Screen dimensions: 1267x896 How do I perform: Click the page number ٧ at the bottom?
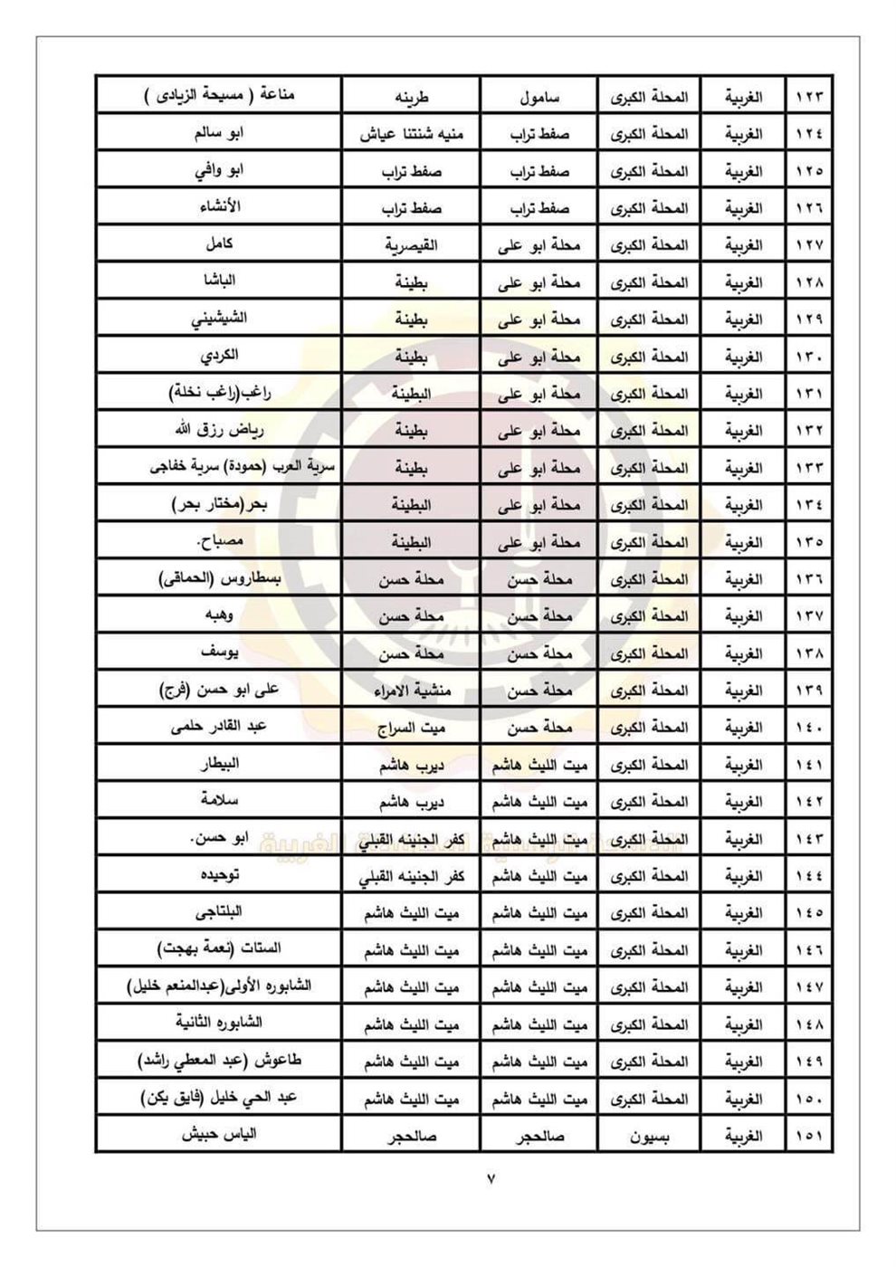pos(492,1179)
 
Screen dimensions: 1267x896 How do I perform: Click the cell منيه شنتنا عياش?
pos(412,134)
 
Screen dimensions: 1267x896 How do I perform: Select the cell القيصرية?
pos(412,245)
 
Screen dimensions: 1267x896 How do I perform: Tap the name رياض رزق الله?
pos(219,430)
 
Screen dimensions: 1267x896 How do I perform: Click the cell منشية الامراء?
pos(412,691)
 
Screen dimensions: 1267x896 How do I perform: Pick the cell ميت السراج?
pos(412,728)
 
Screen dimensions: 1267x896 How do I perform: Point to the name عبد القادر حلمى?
pos(219,726)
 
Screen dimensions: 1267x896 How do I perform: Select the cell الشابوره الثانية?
pos(219,1023)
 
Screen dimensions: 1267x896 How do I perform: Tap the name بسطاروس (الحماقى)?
pos(219,578)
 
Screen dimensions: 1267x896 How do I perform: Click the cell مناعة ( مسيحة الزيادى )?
pos(219,96)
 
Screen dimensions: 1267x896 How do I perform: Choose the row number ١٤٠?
pos(809,728)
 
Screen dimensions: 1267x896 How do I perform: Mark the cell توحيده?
pos(219,875)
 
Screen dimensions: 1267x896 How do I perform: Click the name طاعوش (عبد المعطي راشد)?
pos(219,1061)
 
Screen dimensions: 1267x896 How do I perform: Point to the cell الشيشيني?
pos(219,319)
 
